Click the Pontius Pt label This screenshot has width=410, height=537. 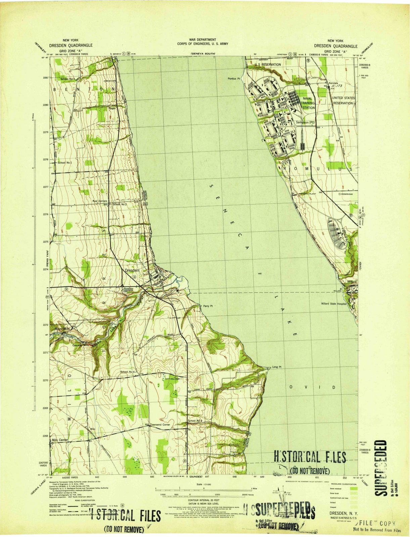coord(234,79)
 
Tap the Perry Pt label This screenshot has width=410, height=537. coord(208,306)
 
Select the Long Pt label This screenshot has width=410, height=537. coord(276,367)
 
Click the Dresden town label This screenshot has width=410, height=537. coord(132,270)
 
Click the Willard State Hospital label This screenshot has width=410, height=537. coord(333,304)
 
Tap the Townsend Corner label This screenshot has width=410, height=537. coord(160,425)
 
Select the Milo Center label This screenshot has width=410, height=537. coord(60,440)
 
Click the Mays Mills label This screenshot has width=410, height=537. coord(62,329)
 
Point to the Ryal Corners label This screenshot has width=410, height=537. coord(100,201)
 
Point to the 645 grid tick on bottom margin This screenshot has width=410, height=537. coord(152,477)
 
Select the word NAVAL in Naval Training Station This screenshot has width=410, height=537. coord(308,99)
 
